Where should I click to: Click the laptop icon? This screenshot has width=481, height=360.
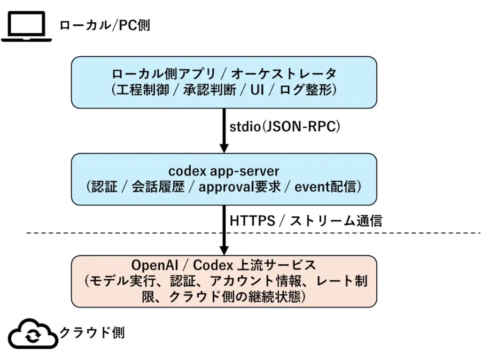click(x=26, y=26)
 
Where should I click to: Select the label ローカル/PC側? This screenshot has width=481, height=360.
click(x=104, y=25)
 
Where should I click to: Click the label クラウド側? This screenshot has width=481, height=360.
click(x=92, y=333)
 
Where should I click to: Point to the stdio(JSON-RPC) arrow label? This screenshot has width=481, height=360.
click(x=285, y=127)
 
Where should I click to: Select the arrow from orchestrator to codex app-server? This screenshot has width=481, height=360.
click(x=224, y=130)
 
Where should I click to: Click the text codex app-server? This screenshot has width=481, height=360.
click(x=224, y=171)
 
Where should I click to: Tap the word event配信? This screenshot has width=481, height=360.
click(x=324, y=187)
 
